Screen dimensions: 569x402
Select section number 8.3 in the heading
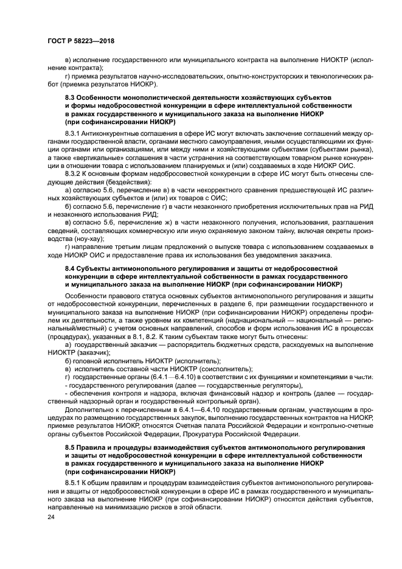tap(72, 97)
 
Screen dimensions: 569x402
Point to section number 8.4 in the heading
tap(72, 267)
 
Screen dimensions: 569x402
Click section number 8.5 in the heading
tap(72, 447)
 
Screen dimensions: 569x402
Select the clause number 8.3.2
tap(74, 173)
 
